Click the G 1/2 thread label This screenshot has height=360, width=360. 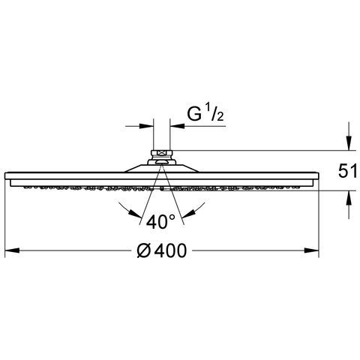(205, 114)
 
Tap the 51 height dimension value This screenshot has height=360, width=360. (347, 172)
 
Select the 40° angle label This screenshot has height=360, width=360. (161, 221)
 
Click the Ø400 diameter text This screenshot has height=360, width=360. (162, 250)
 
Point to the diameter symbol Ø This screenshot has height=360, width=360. (144, 250)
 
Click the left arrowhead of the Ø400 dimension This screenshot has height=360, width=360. (12, 250)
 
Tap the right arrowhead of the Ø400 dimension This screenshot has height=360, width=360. (311, 250)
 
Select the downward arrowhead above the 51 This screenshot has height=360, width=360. (349, 143)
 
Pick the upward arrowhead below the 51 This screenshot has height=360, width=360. (349, 198)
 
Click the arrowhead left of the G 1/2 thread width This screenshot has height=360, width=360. (146, 126)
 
